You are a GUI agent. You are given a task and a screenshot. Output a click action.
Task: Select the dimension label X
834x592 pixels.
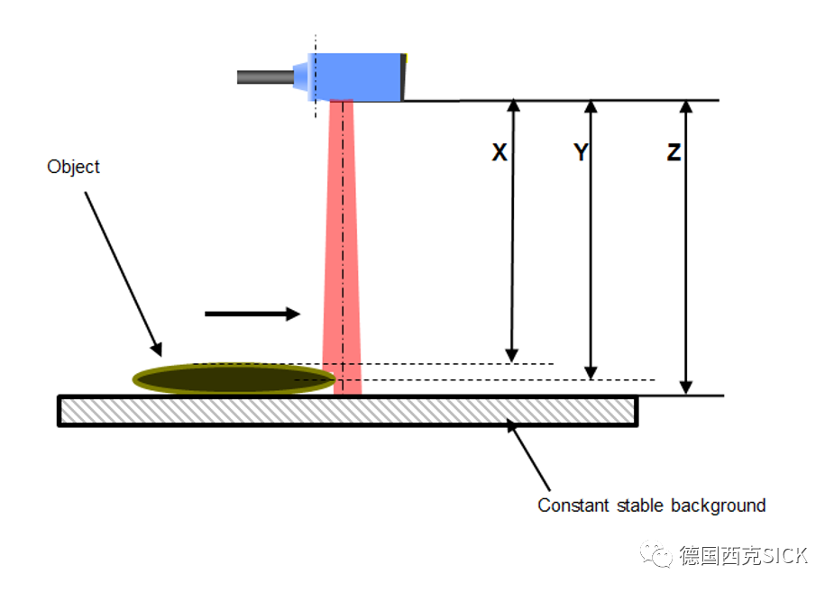tap(499, 153)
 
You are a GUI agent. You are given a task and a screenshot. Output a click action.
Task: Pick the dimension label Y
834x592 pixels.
tap(582, 153)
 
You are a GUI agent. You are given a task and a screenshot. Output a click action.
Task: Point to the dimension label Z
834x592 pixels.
tap(674, 153)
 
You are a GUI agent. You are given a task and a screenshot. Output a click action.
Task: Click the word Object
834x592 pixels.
tap(73, 167)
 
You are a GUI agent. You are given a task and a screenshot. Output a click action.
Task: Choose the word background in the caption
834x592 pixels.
tap(716, 505)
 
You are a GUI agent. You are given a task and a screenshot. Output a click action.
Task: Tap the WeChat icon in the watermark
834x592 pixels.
tap(656, 555)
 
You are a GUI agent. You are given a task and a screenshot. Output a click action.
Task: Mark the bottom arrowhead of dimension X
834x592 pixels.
tap(512, 355)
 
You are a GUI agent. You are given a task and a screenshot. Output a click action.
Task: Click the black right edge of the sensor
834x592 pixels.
tap(406, 77)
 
